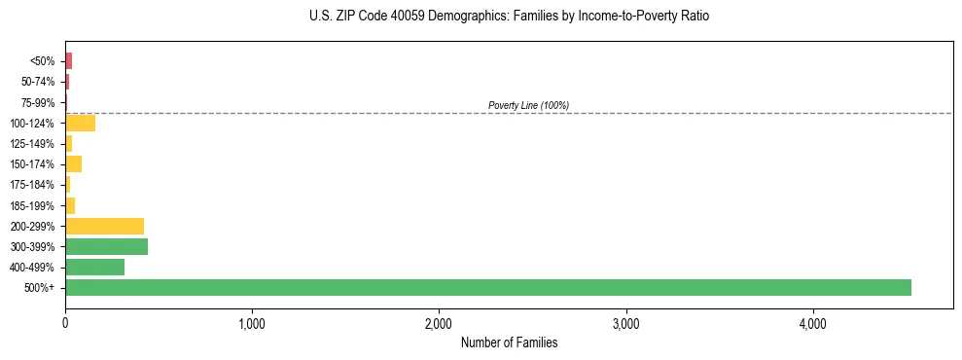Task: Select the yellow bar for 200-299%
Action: (x=104, y=226)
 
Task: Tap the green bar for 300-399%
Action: (x=106, y=246)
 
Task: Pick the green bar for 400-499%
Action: (x=94, y=267)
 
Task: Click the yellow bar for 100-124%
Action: (x=80, y=123)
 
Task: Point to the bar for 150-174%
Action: (x=73, y=163)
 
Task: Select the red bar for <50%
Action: (x=68, y=61)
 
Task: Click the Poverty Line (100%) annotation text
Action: (x=528, y=105)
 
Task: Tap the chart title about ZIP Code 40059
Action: (x=510, y=17)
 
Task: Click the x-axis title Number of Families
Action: (x=509, y=342)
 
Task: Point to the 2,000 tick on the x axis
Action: (x=439, y=323)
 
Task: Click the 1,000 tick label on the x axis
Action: (x=252, y=323)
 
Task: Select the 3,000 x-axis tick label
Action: (x=625, y=323)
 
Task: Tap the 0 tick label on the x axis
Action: (x=65, y=323)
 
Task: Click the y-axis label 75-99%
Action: (x=37, y=102)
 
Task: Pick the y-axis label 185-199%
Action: (x=34, y=205)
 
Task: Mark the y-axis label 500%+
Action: (x=41, y=288)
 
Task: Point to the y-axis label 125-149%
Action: (x=34, y=144)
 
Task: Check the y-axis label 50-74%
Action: (x=37, y=82)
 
